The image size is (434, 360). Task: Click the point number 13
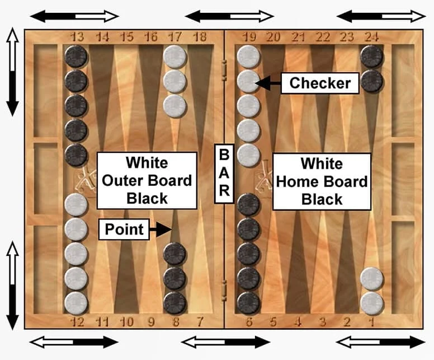(x=77, y=37)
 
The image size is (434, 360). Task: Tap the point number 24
(x=372, y=37)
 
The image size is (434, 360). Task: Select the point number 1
(x=372, y=322)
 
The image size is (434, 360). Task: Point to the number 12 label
(x=78, y=322)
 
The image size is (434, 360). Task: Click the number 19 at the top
(x=249, y=37)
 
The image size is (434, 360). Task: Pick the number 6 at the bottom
(x=249, y=322)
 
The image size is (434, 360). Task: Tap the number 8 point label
(x=176, y=322)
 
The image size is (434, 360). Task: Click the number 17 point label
(x=175, y=37)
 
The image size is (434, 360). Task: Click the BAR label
(x=224, y=174)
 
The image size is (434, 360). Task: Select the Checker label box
(x=320, y=83)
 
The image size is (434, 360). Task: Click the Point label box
(x=124, y=230)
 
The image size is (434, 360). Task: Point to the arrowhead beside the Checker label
(x=262, y=83)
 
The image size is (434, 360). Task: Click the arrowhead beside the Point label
(x=164, y=230)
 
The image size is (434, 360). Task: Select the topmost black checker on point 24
(x=372, y=57)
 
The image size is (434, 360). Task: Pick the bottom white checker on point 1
(x=372, y=303)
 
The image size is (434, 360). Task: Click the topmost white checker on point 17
(x=175, y=57)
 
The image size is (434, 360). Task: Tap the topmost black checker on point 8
(x=175, y=254)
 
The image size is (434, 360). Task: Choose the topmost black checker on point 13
(x=76, y=57)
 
